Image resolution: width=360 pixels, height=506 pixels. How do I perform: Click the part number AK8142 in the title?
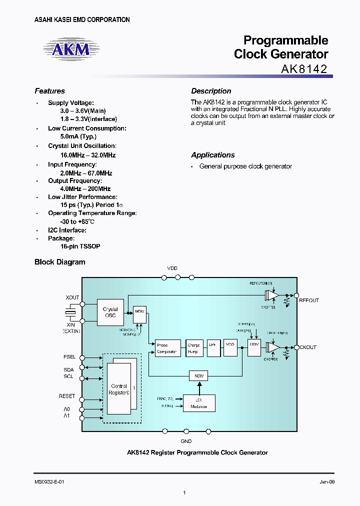pyautogui.click(x=302, y=69)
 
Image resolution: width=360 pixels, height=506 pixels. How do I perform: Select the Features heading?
pyautogui.click(x=49, y=91)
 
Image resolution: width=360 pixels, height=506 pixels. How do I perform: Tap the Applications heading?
pyautogui.click(x=212, y=155)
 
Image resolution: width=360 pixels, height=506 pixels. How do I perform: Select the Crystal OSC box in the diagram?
pyautogui.click(x=110, y=312)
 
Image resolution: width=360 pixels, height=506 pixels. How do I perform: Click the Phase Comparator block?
pyautogui.click(x=166, y=348)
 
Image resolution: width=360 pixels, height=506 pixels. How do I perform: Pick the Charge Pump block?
pyautogui.click(x=193, y=348)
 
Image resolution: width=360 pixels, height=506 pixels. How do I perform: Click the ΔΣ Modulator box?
pyautogui.click(x=199, y=402)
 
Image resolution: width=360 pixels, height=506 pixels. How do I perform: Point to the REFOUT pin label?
pyautogui.click(x=308, y=300)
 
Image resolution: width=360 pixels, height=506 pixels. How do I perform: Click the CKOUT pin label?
pyautogui.click(x=307, y=347)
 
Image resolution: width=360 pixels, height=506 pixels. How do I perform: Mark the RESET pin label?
pyautogui.click(x=67, y=396)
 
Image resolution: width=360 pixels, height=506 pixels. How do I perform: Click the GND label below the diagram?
pyautogui.click(x=186, y=441)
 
